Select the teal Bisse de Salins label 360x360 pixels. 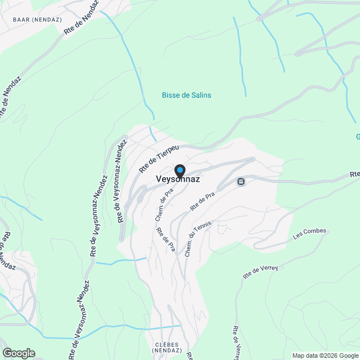pyautogui.click(x=186, y=95)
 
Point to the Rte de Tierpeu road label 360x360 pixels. pyautogui.click(x=159, y=157)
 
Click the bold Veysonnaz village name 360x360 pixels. pyautogui.click(x=177, y=179)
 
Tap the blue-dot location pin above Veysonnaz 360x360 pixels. pyautogui.click(x=179, y=170)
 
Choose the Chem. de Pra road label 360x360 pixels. pyautogui.click(x=163, y=205)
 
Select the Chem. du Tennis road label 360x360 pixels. pyautogui.click(x=199, y=238)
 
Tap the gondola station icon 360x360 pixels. pyautogui.click(x=241, y=182)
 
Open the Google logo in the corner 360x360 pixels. pyautogui.click(x=18, y=353)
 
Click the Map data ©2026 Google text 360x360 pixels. pyautogui.click(x=325, y=355)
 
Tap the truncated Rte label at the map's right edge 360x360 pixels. pyautogui.click(x=354, y=174)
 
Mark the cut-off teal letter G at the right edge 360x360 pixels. pyautogui.click(x=357, y=137)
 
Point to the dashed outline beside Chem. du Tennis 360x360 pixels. pyautogui.click(x=224, y=229)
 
